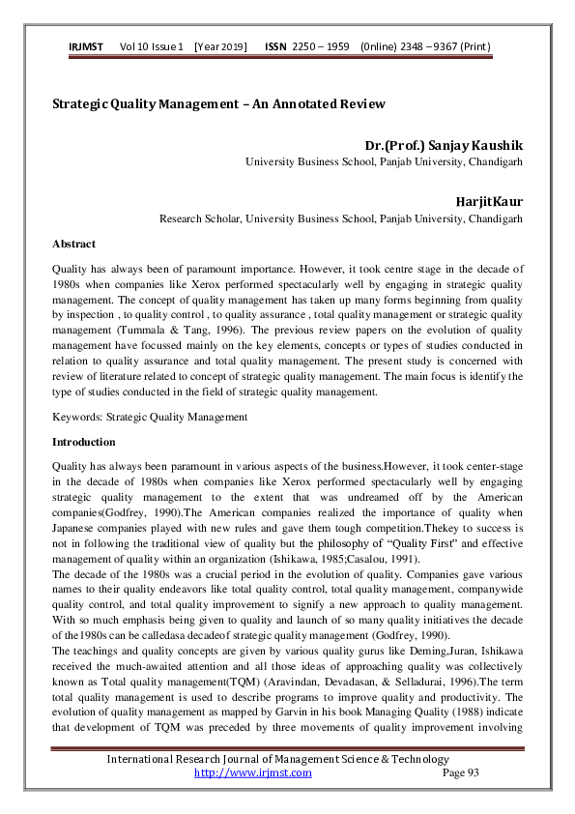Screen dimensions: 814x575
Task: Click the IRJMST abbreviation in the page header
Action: coord(87,47)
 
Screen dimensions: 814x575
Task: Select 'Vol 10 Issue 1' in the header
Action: coord(152,47)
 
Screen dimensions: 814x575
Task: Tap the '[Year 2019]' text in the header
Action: coord(220,47)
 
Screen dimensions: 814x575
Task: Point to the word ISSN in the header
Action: coord(274,47)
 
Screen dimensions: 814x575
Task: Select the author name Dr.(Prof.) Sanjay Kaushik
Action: coord(441,146)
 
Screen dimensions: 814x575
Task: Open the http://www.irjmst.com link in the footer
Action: coord(253,772)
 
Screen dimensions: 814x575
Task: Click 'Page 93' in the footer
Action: coord(460,772)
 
